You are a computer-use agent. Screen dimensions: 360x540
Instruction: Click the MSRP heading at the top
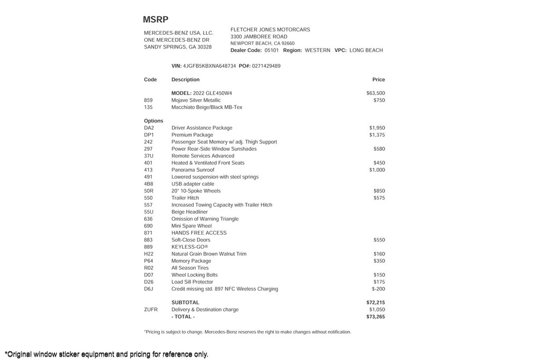(156, 20)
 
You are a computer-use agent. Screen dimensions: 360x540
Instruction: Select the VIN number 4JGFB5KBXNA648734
(209, 66)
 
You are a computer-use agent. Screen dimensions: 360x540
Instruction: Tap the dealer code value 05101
(272, 50)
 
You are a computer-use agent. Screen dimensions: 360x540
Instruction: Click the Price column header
(378, 80)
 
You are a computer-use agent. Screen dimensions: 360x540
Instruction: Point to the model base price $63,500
(375, 93)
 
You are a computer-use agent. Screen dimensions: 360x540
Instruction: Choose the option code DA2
(149, 128)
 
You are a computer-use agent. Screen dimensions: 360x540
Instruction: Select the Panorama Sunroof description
(192, 170)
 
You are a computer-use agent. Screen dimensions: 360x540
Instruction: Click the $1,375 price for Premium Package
(377, 135)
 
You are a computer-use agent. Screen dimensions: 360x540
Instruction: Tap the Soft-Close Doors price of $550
(379, 240)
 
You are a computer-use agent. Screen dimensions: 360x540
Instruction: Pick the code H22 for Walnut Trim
(149, 254)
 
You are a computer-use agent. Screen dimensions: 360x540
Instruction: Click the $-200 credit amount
(378, 289)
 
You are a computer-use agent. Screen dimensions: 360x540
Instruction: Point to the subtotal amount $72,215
(375, 303)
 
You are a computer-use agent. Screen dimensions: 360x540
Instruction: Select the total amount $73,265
(375, 317)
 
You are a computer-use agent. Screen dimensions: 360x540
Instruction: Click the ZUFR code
(151, 310)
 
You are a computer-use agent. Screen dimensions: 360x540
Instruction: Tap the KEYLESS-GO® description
(190, 247)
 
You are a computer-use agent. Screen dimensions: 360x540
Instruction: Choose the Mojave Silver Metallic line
(196, 100)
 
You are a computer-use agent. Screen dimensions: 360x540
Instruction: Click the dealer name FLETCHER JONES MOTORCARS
(270, 30)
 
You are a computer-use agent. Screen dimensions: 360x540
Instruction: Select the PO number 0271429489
(266, 66)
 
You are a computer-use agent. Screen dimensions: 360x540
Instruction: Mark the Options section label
(153, 121)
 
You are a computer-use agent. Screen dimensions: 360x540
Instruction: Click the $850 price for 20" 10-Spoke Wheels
(379, 191)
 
